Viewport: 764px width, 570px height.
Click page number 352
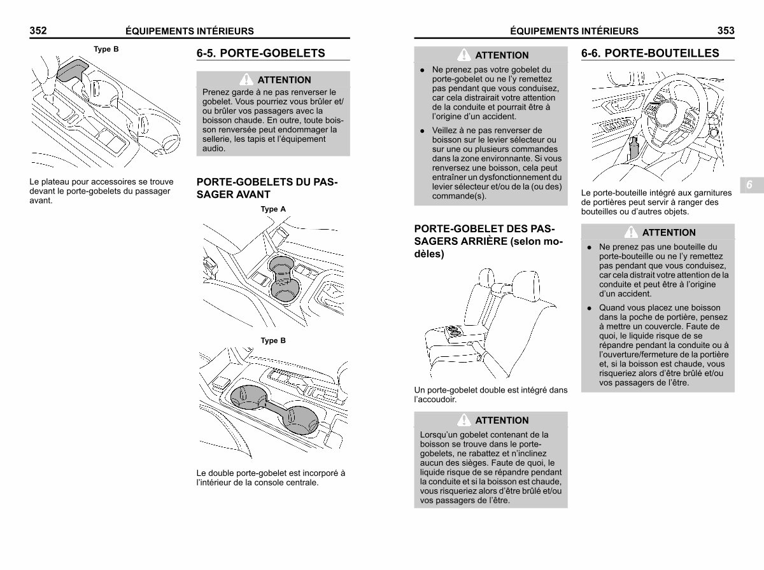coord(38,31)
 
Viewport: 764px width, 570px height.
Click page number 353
coord(726,31)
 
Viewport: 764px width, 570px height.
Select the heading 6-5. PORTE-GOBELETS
coord(260,53)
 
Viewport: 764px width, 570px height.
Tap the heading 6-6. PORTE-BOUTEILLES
coord(650,53)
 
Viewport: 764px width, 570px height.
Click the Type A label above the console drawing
coord(273,209)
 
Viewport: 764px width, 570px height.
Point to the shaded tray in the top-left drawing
coord(72,70)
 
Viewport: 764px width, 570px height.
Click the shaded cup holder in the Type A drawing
coord(284,279)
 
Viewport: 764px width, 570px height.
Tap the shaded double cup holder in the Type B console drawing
coord(274,409)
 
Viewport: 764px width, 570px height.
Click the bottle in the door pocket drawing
coord(634,148)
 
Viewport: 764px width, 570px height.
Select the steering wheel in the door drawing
coord(672,111)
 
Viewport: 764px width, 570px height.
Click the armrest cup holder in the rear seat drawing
coord(453,331)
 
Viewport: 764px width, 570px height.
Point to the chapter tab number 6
coord(749,184)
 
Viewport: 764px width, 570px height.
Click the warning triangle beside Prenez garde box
coord(246,80)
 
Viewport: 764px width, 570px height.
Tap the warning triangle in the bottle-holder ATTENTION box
coord(631,232)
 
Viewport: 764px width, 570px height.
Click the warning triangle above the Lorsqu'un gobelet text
coord(464,420)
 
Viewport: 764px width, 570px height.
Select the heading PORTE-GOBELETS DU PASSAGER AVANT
coord(267,188)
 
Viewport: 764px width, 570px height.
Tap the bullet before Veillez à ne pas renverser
coord(422,131)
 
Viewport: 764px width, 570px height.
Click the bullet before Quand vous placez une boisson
coord(590,308)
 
